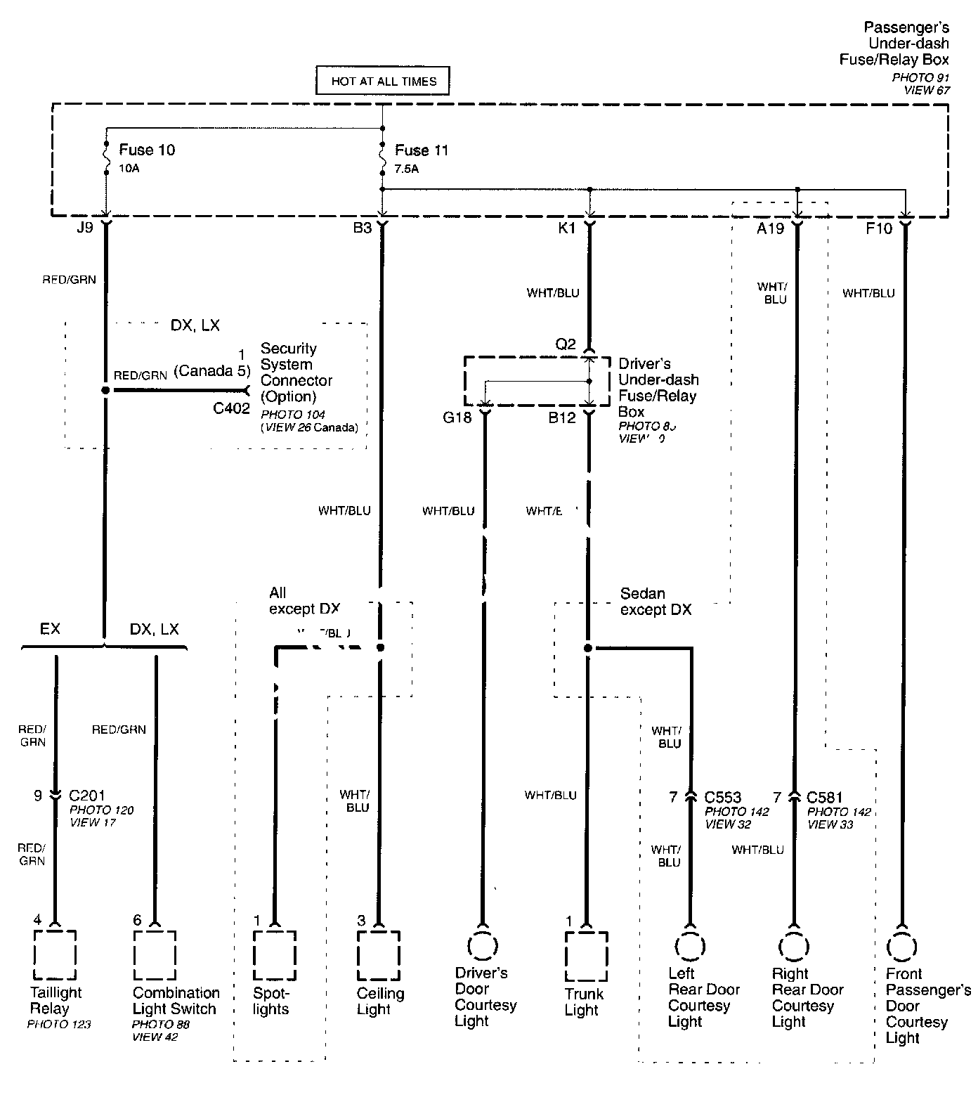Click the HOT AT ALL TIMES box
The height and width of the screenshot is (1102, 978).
click(x=383, y=81)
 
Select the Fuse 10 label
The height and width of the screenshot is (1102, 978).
click(x=146, y=150)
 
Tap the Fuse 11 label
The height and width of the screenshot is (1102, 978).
click(x=421, y=150)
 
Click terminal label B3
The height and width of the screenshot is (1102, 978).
click(x=362, y=228)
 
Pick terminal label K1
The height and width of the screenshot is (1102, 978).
click(x=566, y=228)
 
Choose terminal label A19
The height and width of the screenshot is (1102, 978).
click(x=770, y=228)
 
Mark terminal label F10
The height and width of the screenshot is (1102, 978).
click(x=878, y=228)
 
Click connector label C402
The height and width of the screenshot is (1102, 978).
click(x=231, y=409)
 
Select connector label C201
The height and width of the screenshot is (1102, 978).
click(x=87, y=796)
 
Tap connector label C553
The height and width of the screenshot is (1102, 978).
click(x=723, y=797)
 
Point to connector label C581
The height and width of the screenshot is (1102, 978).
click(x=825, y=797)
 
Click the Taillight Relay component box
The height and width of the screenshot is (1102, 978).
click(x=56, y=954)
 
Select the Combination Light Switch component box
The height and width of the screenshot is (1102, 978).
click(x=155, y=954)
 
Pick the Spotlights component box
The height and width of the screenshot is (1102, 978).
click(x=275, y=955)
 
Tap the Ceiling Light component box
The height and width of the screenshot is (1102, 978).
click(x=379, y=955)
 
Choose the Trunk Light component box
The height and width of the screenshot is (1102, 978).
click(x=586, y=956)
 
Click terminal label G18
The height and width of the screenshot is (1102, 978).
click(x=457, y=418)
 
